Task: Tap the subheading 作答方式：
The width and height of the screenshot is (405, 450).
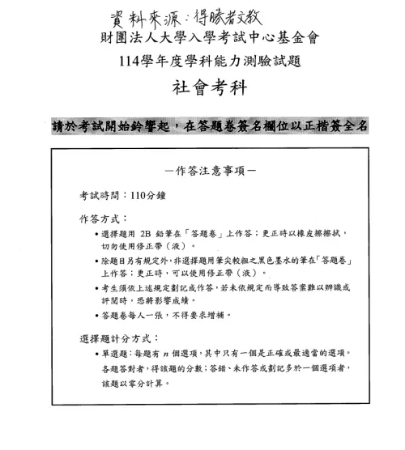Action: tap(104, 219)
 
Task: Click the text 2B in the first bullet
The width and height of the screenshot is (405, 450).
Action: tap(146, 233)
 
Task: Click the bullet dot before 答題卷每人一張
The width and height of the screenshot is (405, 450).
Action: tap(96, 316)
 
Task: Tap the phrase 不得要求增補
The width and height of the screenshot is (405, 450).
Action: tap(200, 316)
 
